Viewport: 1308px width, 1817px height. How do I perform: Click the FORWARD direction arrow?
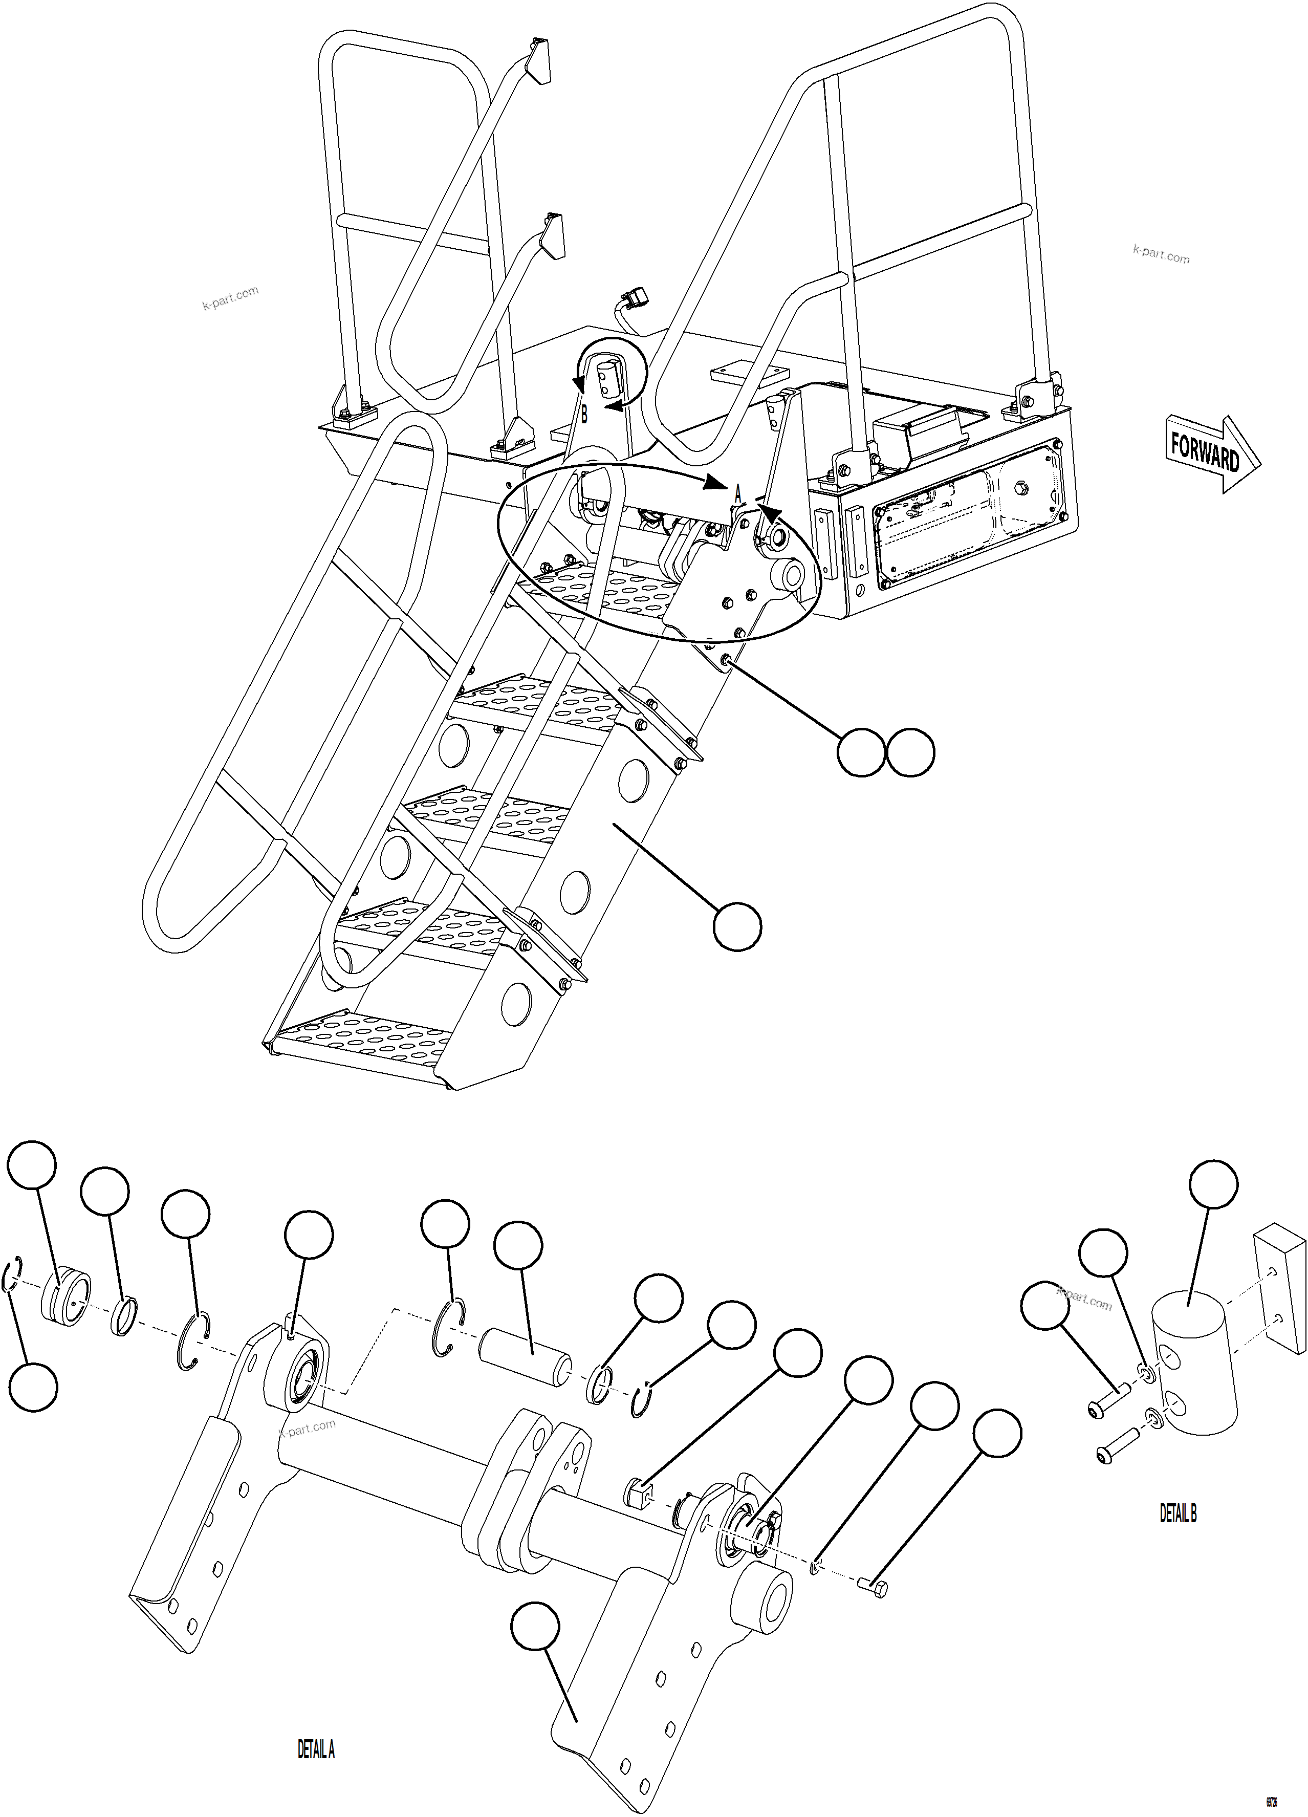pos(1209,455)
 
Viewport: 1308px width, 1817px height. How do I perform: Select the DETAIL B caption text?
pos(1178,1513)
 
